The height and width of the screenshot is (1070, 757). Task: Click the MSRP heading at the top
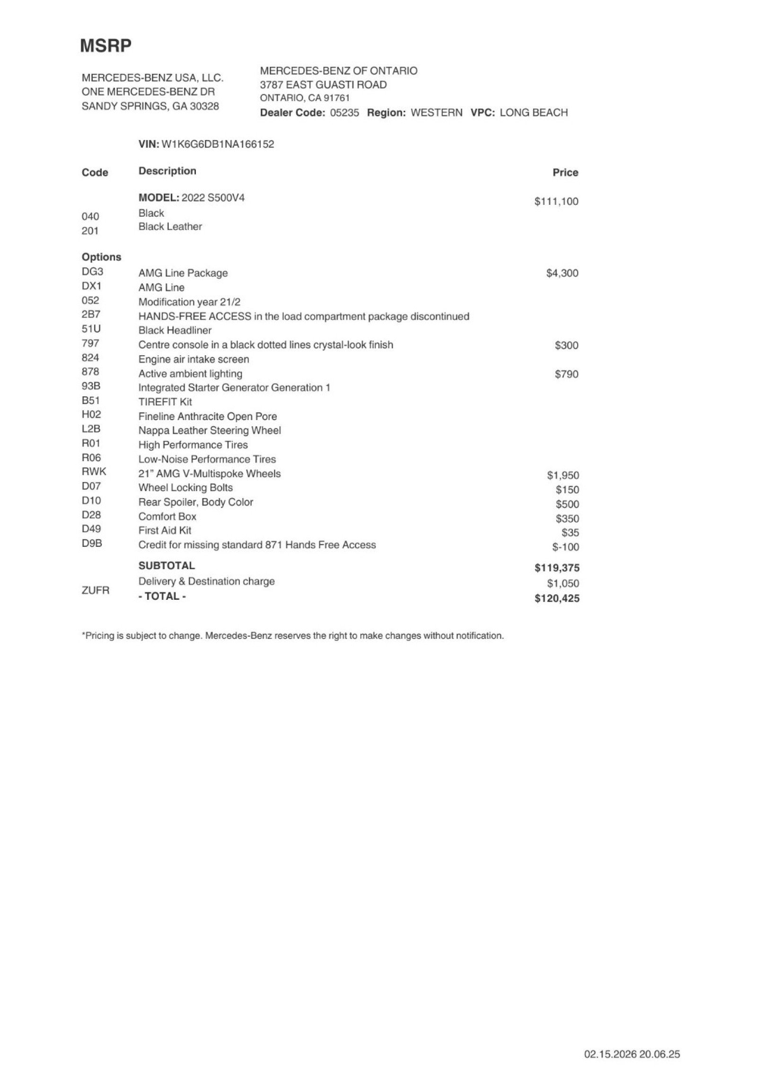coord(106,46)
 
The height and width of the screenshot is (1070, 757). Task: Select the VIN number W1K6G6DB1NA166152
coord(218,144)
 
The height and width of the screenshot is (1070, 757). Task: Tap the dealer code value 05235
coord(344,113)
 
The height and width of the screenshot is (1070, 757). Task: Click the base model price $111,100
coord(556,202)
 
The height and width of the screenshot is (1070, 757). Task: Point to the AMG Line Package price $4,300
coord(562,273)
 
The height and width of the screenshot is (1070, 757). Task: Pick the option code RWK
coord(94,472)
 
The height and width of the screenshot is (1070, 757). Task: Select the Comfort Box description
coord(167,517)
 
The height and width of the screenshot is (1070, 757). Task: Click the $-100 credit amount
coord(565,547)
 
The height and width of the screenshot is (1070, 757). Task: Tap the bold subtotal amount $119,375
coord(556,568)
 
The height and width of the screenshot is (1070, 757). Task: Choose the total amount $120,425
coord(556,598)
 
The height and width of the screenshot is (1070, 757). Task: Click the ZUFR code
coord(95,590)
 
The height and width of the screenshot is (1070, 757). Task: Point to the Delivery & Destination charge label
coord(206,581)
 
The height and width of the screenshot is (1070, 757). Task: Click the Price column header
coord(565,173)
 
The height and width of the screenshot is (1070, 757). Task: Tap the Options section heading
coord(101,257)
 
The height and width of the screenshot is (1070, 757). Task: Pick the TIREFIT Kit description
coord(165,402)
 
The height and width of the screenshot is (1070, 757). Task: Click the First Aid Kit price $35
coord(570,533)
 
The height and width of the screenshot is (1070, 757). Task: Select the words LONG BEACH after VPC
coord(533,113)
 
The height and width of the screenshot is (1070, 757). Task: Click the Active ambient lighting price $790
coord(566,374)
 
